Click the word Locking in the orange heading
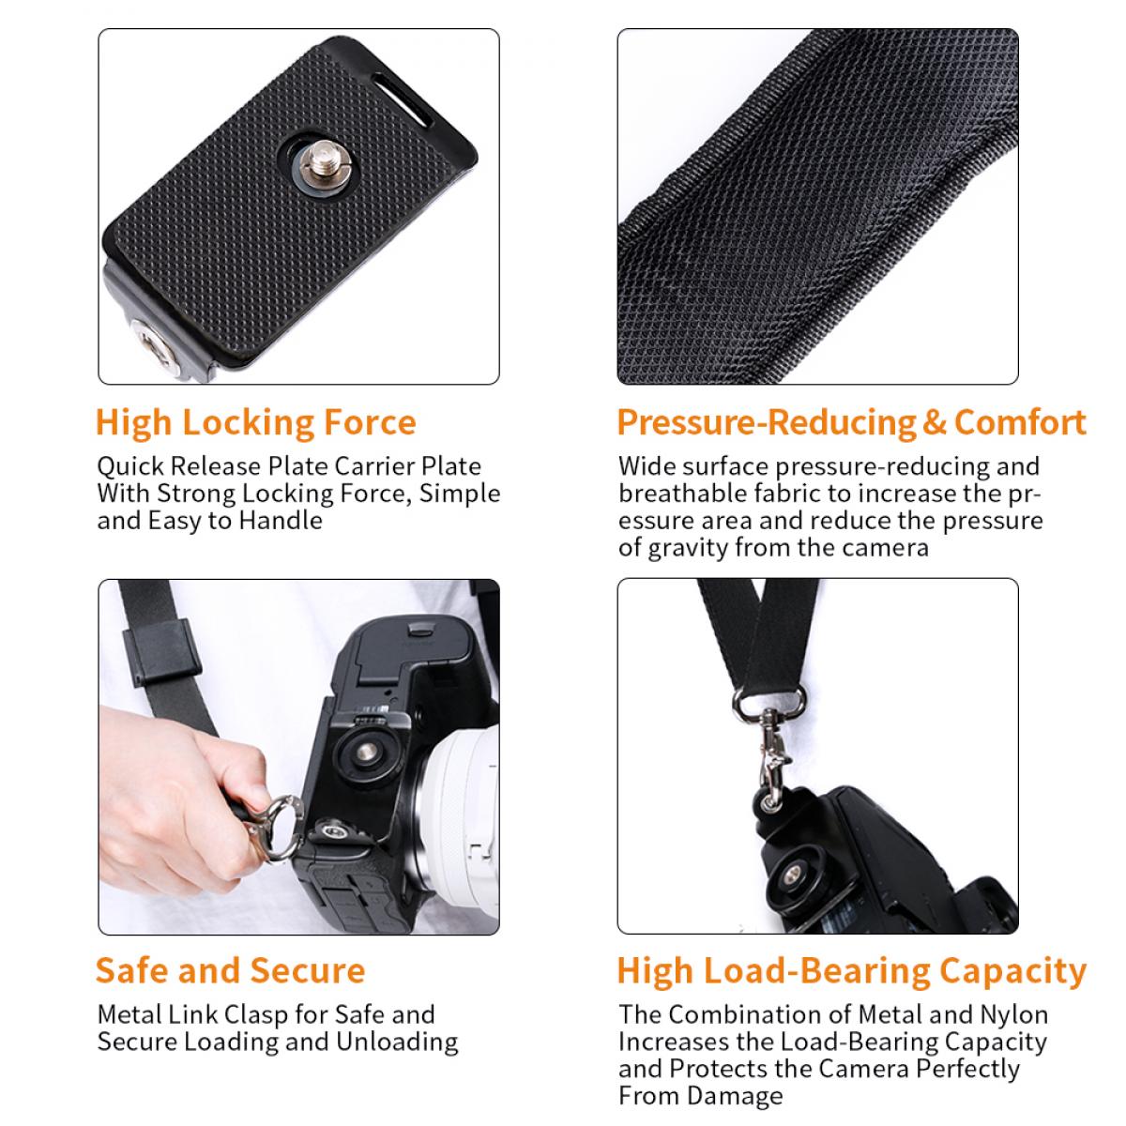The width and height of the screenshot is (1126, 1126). pos(248,423)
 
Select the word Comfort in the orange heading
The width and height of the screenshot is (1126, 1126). pos(1020,423)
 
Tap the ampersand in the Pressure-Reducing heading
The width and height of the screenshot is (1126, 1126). pos(935,423)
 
